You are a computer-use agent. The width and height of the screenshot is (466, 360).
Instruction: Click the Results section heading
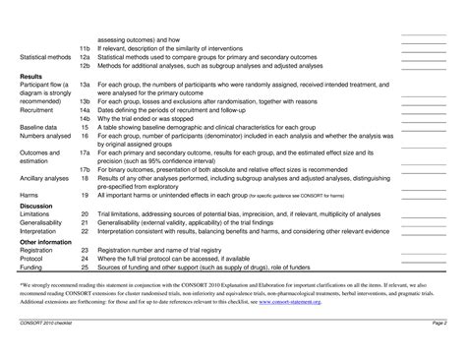click(30, 76)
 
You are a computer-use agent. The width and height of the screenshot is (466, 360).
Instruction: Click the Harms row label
click(29, 194)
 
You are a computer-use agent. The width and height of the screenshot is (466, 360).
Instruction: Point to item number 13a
click(87, 86)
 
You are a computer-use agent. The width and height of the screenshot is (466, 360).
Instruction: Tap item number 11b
click(87, 48)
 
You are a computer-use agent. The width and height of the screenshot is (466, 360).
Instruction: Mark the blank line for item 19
click(424, 197)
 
